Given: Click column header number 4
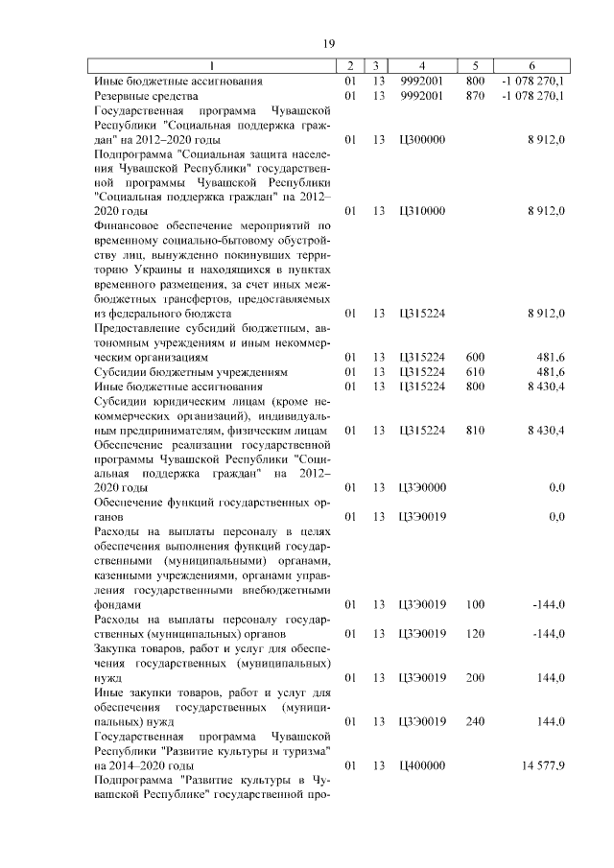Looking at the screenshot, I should click(x=421, y=66).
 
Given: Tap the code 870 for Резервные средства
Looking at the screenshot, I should click(x=475, y=96).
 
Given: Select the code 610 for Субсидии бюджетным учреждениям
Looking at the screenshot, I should click(x=475, y=372).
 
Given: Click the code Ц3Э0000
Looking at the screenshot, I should click(x=421, y=488).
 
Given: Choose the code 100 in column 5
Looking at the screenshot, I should click(x=475, y=605).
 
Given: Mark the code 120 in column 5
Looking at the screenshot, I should click(x=475, y=634).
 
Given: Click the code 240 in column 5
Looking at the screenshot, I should click(x=475, y=721).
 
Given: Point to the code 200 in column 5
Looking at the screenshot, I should click(x=475, y=678).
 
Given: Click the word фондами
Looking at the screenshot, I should click(x=117, y=605).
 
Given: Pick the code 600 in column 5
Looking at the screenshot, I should click(x=475, y=358).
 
